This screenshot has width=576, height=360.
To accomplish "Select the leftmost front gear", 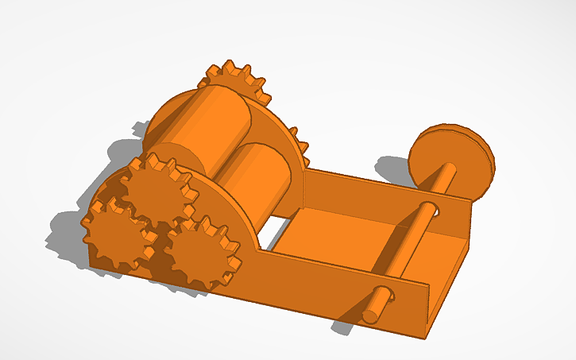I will coord(115,234).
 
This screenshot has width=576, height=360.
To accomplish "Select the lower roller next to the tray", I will coord(258,179).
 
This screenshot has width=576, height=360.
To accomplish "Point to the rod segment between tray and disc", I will coord(444,182).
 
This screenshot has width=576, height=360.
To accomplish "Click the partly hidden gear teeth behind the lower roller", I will coord(300,143).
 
